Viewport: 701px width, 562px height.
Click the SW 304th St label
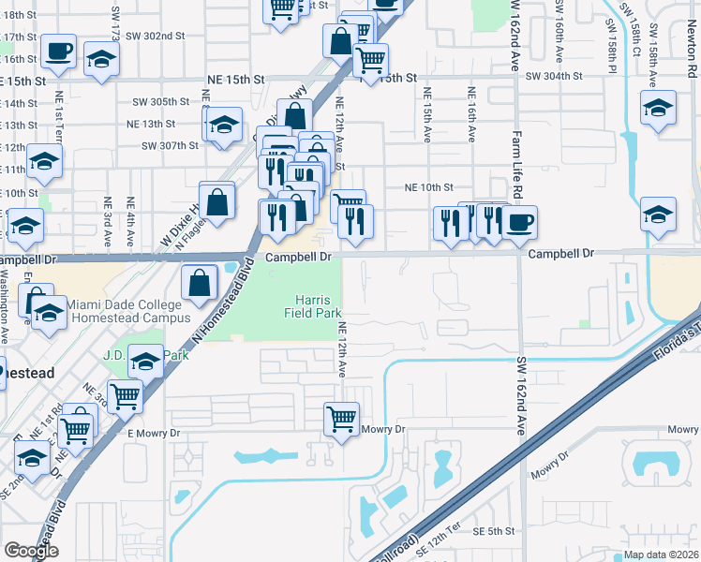(555, 76)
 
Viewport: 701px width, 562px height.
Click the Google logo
(31, 551)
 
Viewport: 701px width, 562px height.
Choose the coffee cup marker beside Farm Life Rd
(519, 223)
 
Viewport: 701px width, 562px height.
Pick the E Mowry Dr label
(153, 434)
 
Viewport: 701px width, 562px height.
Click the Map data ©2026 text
(662, 555)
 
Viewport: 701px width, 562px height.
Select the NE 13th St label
(151, 124)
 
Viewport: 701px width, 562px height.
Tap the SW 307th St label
(171, 145)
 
